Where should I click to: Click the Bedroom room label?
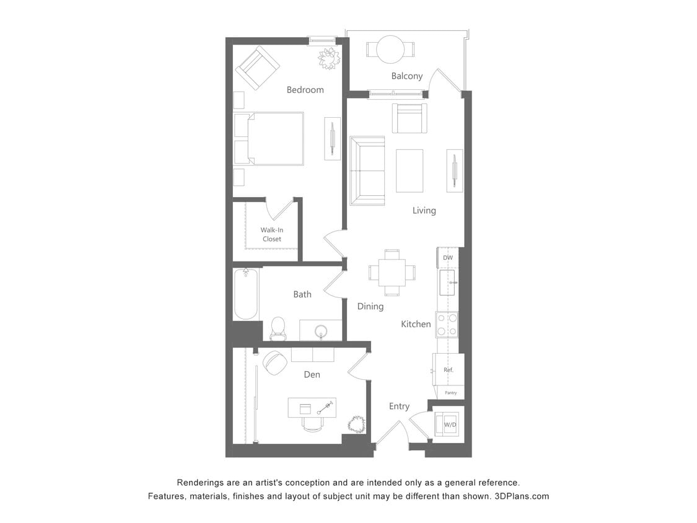(x=305, y=90)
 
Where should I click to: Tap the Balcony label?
(x=407, y=76)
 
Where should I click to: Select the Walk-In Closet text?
(x=271, y=234)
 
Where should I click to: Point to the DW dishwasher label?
(x=447, y=257)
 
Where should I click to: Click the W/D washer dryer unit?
(x=449, y=424)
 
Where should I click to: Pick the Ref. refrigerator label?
(x=449, y=370)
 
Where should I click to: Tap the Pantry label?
(x=450, y=392)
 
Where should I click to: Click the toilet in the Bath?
(x=278, y=328)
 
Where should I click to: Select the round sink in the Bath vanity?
(x=320, y=330)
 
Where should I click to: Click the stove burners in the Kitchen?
(x=447, y=324)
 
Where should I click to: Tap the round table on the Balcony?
(x=391, y=49)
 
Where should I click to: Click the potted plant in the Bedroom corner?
(x=329, y=59)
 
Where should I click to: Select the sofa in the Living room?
(x=367, y=171)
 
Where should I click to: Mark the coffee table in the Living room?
(x=410, y=170)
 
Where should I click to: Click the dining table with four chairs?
(x=392, y=273)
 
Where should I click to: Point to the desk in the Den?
(x=312, y=407)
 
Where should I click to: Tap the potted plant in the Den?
(x=356, y=424)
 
